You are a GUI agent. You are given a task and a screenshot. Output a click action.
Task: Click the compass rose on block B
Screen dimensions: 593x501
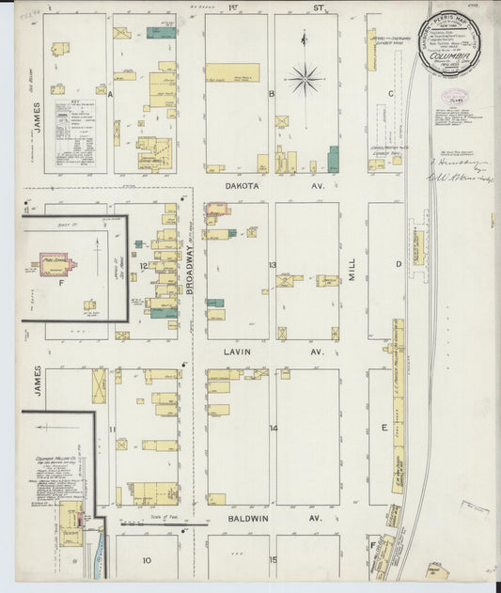point(305,79)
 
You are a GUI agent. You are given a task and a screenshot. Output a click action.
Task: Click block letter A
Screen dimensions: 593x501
point(111,95)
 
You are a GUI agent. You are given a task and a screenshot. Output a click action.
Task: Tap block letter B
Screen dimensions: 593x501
point(271,94)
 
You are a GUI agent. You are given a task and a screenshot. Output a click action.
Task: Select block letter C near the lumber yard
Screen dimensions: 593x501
point(389,93)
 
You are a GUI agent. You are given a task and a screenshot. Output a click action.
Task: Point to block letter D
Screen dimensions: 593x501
point(399,264)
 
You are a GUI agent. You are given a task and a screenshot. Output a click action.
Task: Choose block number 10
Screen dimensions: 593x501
point(147,561)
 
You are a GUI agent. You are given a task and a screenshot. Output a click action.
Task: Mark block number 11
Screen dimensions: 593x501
point(112,429)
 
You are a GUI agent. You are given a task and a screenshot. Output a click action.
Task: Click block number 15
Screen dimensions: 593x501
point(273,561)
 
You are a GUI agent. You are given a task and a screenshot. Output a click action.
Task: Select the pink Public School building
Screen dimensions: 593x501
point(58,263)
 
